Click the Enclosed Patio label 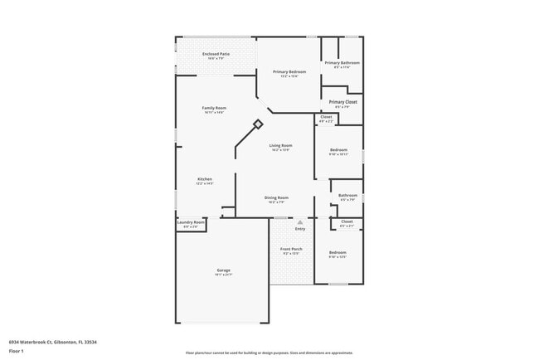216,55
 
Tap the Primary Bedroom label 289,72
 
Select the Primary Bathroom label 342,63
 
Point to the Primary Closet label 342,102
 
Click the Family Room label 214,109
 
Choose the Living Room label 280,146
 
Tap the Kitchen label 204,179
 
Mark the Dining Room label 276,197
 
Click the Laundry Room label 191,222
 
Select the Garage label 223,271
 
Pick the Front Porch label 291,249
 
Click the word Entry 299,229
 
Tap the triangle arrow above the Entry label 299,222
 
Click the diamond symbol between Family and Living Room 257,124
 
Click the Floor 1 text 17,351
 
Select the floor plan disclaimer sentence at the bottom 269,353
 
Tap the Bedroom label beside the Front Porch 337,253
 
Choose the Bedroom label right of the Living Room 337,150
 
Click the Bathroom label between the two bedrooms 347,196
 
